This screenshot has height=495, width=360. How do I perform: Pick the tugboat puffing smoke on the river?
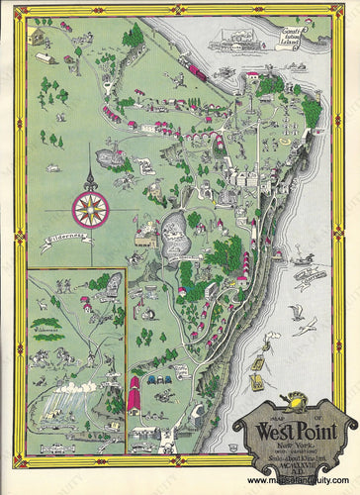[x=308, y=272]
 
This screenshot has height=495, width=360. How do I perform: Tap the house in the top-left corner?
[x=41, y=36]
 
